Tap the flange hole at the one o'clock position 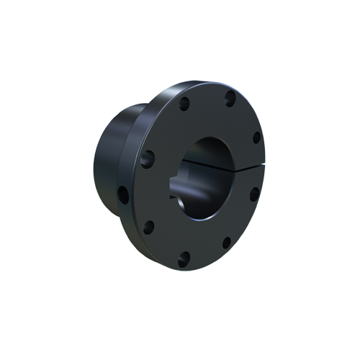[x=229, y=99]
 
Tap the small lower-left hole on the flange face [x=149, y=228]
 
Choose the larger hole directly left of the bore [x=149, y=158]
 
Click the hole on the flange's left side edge [x=123, y=193]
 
